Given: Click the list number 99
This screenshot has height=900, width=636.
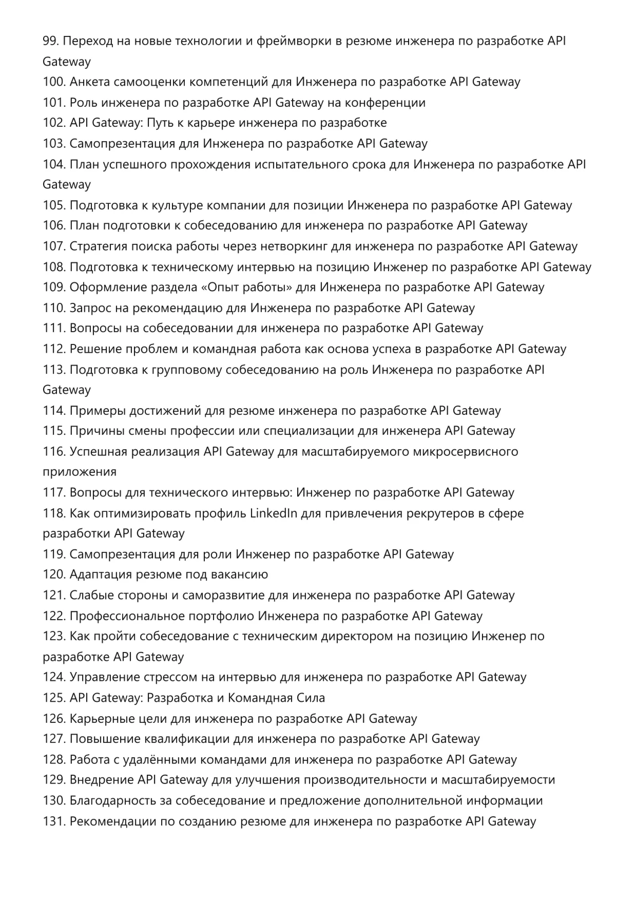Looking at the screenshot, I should click(50, 41).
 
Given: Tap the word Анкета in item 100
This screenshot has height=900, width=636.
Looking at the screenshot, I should click(89, 82).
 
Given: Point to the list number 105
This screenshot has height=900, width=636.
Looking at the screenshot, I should click(54, 205).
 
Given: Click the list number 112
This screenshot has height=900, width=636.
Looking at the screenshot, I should click(54, 349).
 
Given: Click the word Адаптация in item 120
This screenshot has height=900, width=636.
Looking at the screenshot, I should click(101, 575).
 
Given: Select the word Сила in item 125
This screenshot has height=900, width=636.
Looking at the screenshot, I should click(311, 698).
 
